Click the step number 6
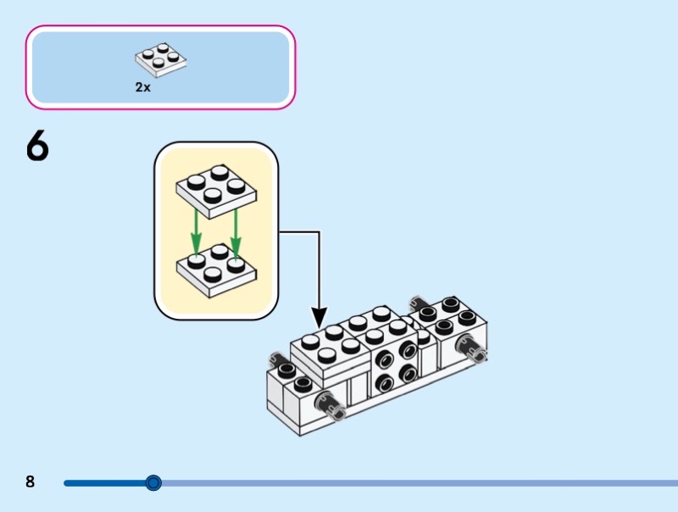click(x=38, y=147)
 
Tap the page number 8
click(x=31, y=482)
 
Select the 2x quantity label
click(x=142, y=86)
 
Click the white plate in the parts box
click(x=160, y=59)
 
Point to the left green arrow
click(x=197, y=229)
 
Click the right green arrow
click(x=236, y=229)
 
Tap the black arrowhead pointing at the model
click(x=320, y=320)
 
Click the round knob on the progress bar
click(x=153, y=483)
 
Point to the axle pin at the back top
click(x=416, y=303)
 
